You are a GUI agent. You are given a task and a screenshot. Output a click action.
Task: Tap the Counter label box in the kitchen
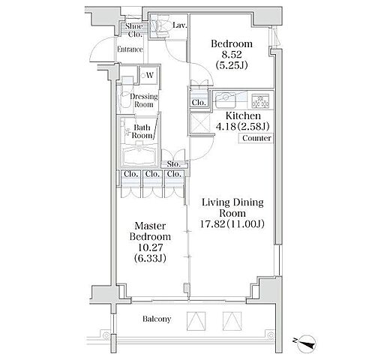coord(256,138)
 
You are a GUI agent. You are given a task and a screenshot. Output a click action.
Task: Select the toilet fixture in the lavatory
coord(159,25)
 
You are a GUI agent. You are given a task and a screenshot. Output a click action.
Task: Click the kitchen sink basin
coord(226,100)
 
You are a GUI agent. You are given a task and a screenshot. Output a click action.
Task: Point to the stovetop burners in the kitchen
coord(260,101)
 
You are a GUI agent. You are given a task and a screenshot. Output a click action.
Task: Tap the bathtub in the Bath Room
coord(139,155)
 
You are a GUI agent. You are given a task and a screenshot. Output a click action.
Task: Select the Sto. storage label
coord(173,164)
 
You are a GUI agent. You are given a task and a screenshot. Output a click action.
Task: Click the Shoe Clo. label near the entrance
coord(135,30)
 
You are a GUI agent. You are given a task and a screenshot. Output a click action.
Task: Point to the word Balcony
coord(157,319)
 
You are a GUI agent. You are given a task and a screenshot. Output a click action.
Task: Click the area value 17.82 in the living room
coord(212,224)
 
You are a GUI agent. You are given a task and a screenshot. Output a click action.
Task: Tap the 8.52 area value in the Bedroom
coord(231,55)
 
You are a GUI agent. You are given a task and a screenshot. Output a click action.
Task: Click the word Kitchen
coord(243,115)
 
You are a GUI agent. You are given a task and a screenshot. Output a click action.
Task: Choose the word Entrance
coord(130,49)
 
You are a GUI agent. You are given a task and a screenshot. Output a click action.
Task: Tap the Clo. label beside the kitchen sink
coord(199,102)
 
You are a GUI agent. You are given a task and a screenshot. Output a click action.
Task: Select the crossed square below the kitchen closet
coord(199,123)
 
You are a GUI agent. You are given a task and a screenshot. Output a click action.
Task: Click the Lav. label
coord(180,25)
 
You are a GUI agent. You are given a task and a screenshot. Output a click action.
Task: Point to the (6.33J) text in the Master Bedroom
coord(150,258)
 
